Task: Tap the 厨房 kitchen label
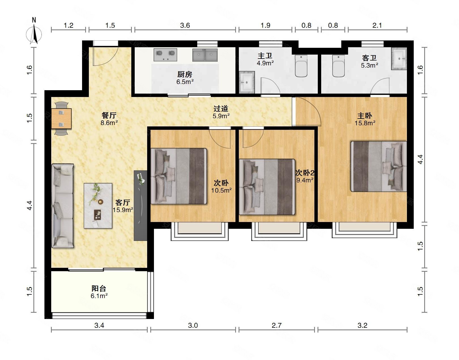(x=185, y=74)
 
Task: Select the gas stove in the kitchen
(x=165, y=55)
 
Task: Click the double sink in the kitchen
(x=205, y=55)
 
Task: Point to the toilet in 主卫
(x=301, y=66)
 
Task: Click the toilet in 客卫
(x=338, y=66)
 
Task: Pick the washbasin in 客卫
(x=399, y=59)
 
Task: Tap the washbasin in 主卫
(x=247, y=82)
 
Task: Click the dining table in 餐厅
(x=61, y=118)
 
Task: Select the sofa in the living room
(x=63, y=206)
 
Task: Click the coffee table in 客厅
(x=98, y=206)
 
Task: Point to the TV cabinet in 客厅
(x=140, y=206)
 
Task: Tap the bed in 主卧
(x=379, y=167)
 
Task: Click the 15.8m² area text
(x=365, y=123)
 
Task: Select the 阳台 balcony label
(x=99, y=288)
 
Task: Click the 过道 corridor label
(x=221, y=109)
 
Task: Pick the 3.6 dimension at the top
(x=185, y=25)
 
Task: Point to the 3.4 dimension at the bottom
(x=99, y=325)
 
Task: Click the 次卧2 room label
(x=305, y=173)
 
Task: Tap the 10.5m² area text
(x=221, y=190)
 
